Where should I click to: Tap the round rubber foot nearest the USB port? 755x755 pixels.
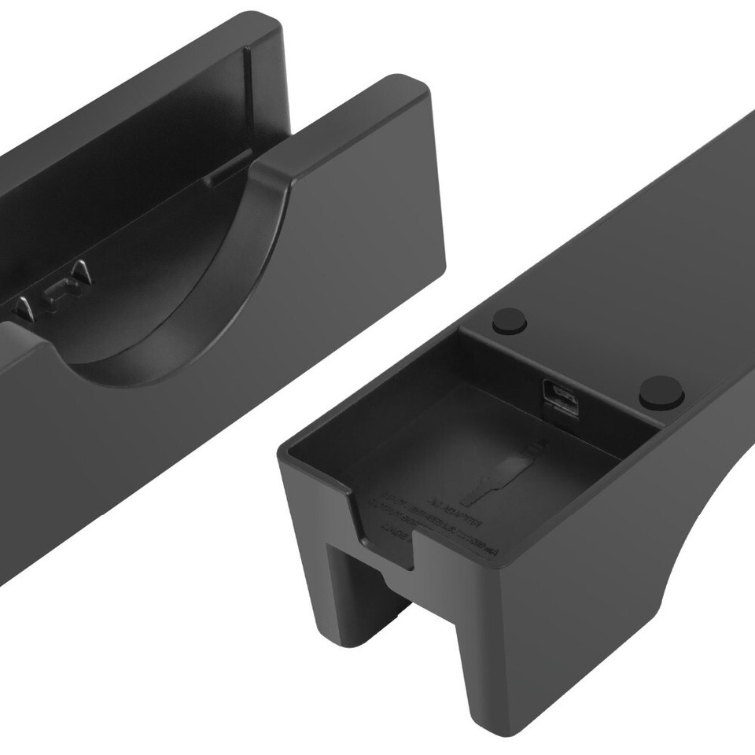coord(661,391)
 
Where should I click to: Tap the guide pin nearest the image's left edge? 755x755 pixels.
coord(24,308)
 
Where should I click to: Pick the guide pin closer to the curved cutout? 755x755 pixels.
coord(80,272)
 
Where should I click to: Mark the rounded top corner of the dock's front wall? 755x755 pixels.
coord(409,87)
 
